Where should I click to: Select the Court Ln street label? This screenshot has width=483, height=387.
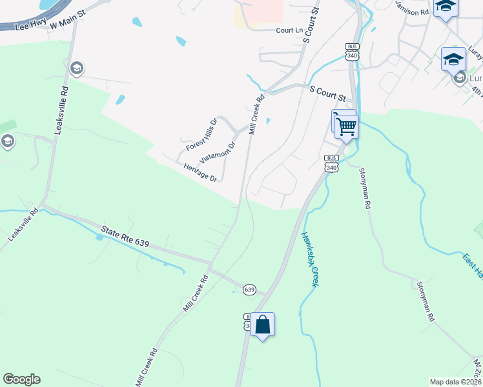pyautogui.click(x=289, y=30)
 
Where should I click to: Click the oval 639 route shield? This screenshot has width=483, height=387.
pyautogui.click(x=250, y=290)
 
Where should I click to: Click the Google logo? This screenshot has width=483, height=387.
pyautogui.click(x=21, y=379)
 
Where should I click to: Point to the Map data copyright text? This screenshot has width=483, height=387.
pyautogui.click(x=456, y=382)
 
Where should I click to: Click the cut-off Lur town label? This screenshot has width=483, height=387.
pyautogui.click(x=475, y=77)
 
